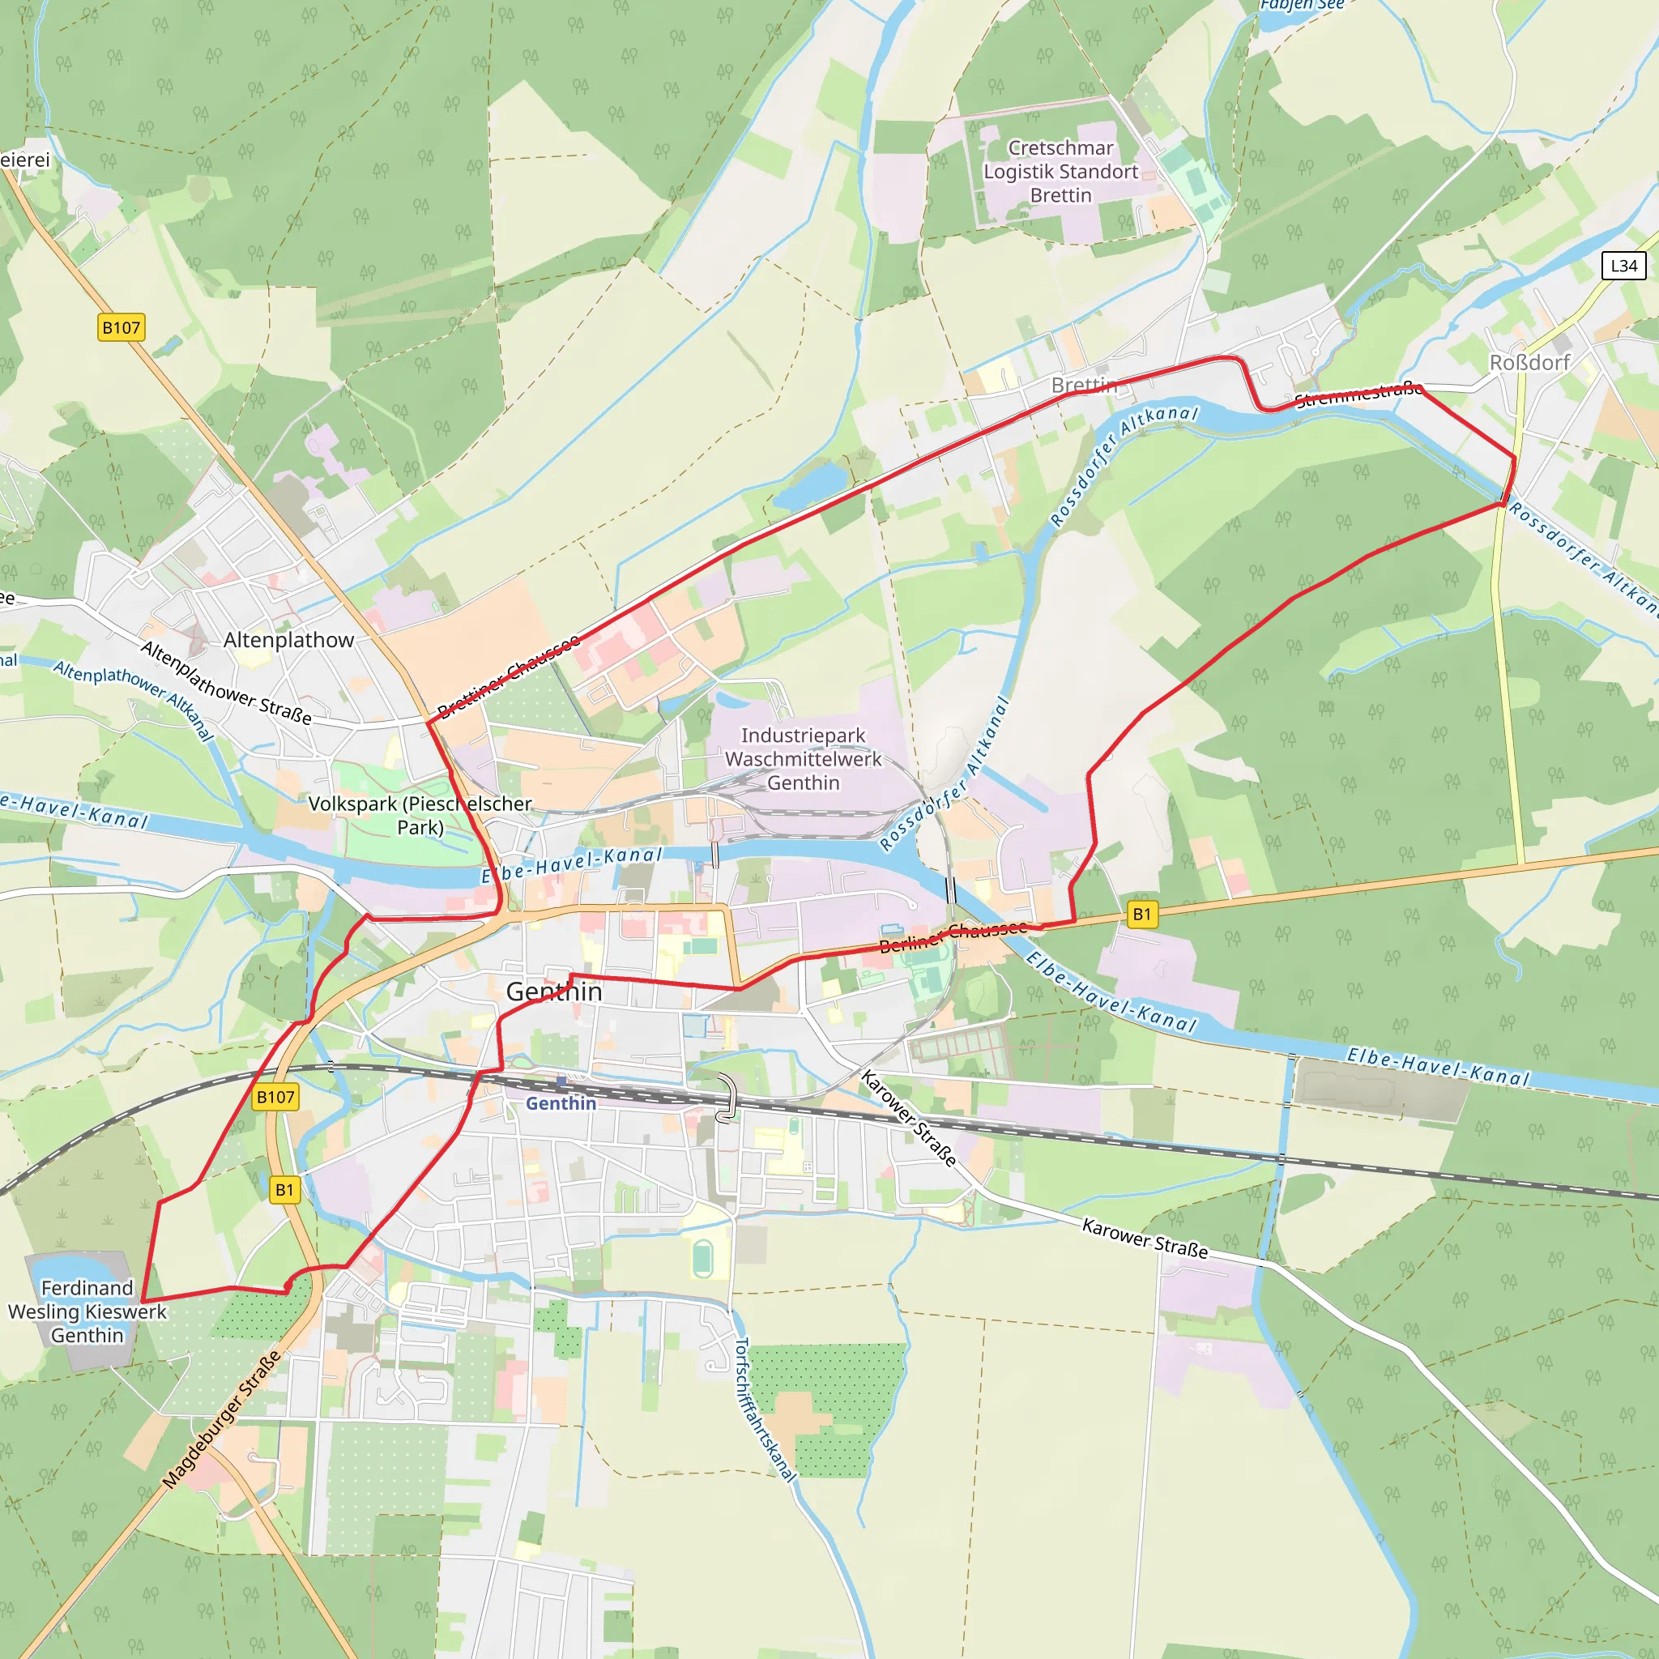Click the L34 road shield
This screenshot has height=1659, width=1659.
[1623, 266]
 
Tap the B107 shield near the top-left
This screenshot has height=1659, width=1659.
[121, 327]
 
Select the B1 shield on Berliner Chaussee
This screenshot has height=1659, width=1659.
[1141, 914]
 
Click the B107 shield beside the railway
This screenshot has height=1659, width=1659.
[275, 1097]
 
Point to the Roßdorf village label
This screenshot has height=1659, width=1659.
[1529, 362]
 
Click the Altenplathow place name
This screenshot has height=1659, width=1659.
[288, 640]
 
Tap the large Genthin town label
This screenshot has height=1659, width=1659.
[554, 991]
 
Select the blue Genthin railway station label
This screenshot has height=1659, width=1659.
[561, 1103]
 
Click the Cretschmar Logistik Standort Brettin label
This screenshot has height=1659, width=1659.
[1060, 172]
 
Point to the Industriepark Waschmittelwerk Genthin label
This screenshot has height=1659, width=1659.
[803, 759]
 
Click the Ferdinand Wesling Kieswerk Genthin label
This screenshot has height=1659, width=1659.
[87, 1311]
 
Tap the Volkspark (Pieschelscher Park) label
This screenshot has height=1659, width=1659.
[420, 815]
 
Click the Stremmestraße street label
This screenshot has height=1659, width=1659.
[1358, 395]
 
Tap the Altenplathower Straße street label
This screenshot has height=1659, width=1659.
[226, 683]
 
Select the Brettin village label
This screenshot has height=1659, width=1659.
[1084, 385]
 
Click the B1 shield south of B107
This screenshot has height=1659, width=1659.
[284, 1189]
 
